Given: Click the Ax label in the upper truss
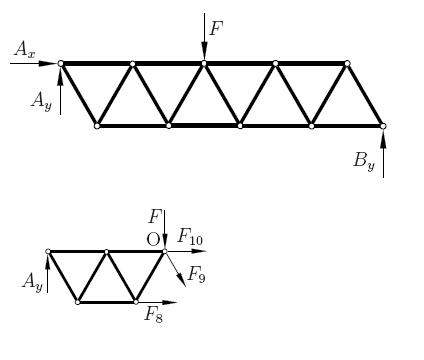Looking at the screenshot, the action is click(25, 50).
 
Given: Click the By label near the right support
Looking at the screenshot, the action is click(364, 162).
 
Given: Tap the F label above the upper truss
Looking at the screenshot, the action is click(216, 28).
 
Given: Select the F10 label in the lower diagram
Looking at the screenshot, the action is click(190, 237).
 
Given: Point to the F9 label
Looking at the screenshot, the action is click(197, 275).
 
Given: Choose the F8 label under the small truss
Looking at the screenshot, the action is click(154, 314).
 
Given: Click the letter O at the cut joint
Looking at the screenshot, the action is click(153, 240).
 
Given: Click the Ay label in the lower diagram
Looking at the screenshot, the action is click(33, 282).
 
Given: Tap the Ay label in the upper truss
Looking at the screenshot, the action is click(42, 101).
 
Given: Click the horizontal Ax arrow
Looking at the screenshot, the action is click(33, 63).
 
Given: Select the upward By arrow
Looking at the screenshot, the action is click(383, 154).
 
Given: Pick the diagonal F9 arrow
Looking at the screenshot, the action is click(175, 270).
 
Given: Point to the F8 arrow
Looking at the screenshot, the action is click(157, 302).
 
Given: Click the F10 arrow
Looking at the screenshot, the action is click(187, 251).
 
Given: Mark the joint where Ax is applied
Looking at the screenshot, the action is click(60, 63).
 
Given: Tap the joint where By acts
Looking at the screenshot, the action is click(383, 126).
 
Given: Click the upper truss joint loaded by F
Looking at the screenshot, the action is click(204, 63).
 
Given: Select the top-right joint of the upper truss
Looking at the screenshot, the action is click(347, 63).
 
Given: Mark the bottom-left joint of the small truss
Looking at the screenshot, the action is click(77, 302).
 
